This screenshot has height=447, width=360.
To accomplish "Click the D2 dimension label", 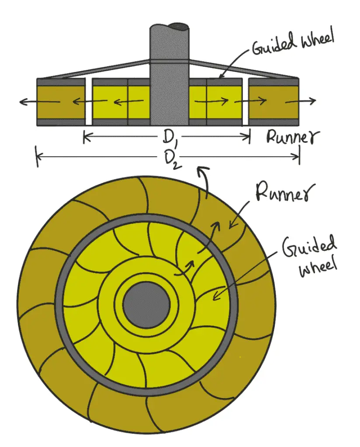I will tap(170, 160).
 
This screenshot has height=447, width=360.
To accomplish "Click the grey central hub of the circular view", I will tap(146, 305).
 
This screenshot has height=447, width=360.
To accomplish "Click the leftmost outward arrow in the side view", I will tap(39, 101).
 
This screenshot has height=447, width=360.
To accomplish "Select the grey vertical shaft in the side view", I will tap(170, 87).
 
